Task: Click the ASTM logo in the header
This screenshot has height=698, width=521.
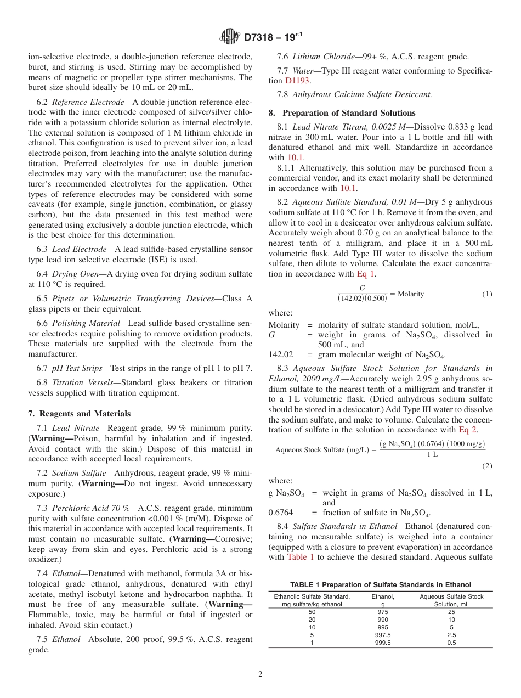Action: pyautogui.click(x=230, y=37)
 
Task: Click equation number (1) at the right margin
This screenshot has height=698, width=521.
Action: pyautogui.click(x=487, y=294)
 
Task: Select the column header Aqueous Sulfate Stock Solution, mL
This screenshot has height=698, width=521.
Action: pyautogui.click(x=451, y=600)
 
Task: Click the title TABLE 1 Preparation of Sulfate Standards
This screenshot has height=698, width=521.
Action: pyautogui.click(x=380, y=585)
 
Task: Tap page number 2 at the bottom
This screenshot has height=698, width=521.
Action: pyautogui.click(x=260, y=674)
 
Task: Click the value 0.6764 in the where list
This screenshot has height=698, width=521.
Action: pyautogui.click(x=280, y=513)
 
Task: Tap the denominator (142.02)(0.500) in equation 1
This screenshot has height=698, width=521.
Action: pyautogui.click(x=362, y=298)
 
